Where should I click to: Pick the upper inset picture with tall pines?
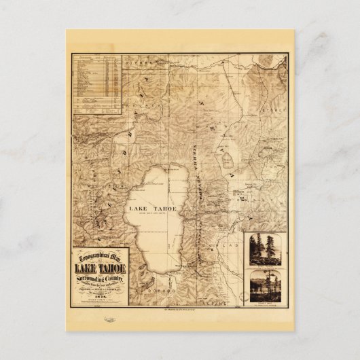268,249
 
